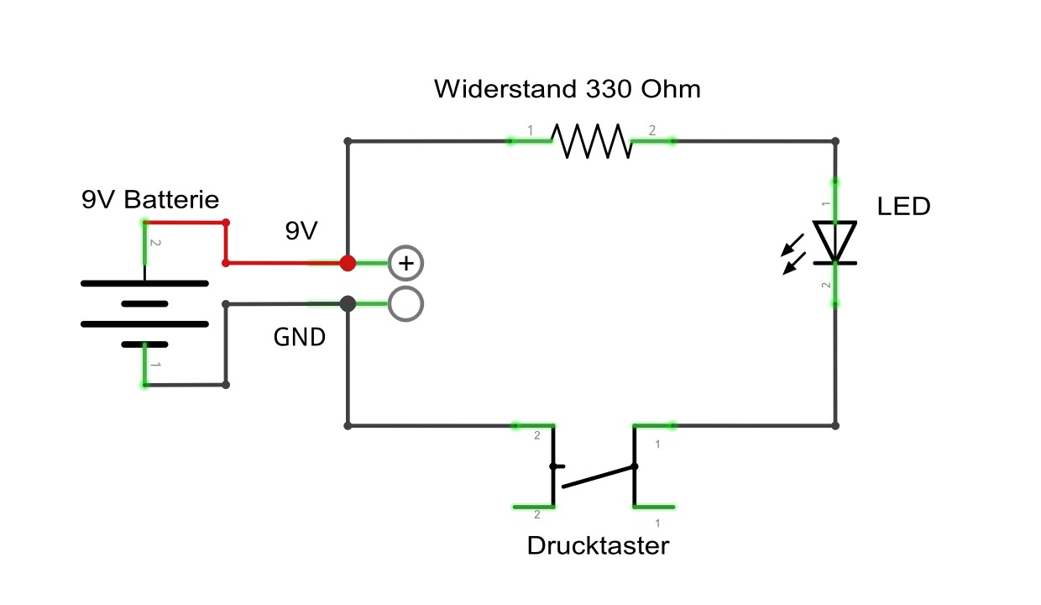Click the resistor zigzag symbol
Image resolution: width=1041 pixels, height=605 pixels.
click(591, 141)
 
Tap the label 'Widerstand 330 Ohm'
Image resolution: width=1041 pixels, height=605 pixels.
click(567, 89)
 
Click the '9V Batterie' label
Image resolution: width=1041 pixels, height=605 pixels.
click(150, 200)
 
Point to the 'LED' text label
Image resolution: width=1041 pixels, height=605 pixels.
click(903, 206)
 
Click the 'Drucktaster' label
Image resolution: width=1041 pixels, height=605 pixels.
click(598, 546)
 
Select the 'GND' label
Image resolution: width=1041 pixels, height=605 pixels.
click(300, 337)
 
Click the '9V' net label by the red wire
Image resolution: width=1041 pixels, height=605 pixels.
click(301, 231)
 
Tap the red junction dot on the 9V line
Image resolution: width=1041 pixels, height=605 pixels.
click(348, 263)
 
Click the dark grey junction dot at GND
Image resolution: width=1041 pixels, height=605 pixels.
click(348, 303)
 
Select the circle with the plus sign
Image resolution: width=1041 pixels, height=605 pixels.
click(406, 263)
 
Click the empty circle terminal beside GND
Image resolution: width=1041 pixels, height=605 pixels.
click(406, 303)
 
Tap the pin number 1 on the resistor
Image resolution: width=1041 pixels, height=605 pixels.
click(530, 130)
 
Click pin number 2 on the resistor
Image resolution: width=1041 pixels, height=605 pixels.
click(652, 130)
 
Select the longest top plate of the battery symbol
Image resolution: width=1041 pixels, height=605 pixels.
click(144, 284)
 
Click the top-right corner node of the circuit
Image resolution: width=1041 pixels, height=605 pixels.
click(835, 141)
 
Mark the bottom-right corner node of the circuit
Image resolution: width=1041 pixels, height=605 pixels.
click(835, 426)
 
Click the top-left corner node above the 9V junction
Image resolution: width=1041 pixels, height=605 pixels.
click(348, 141)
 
